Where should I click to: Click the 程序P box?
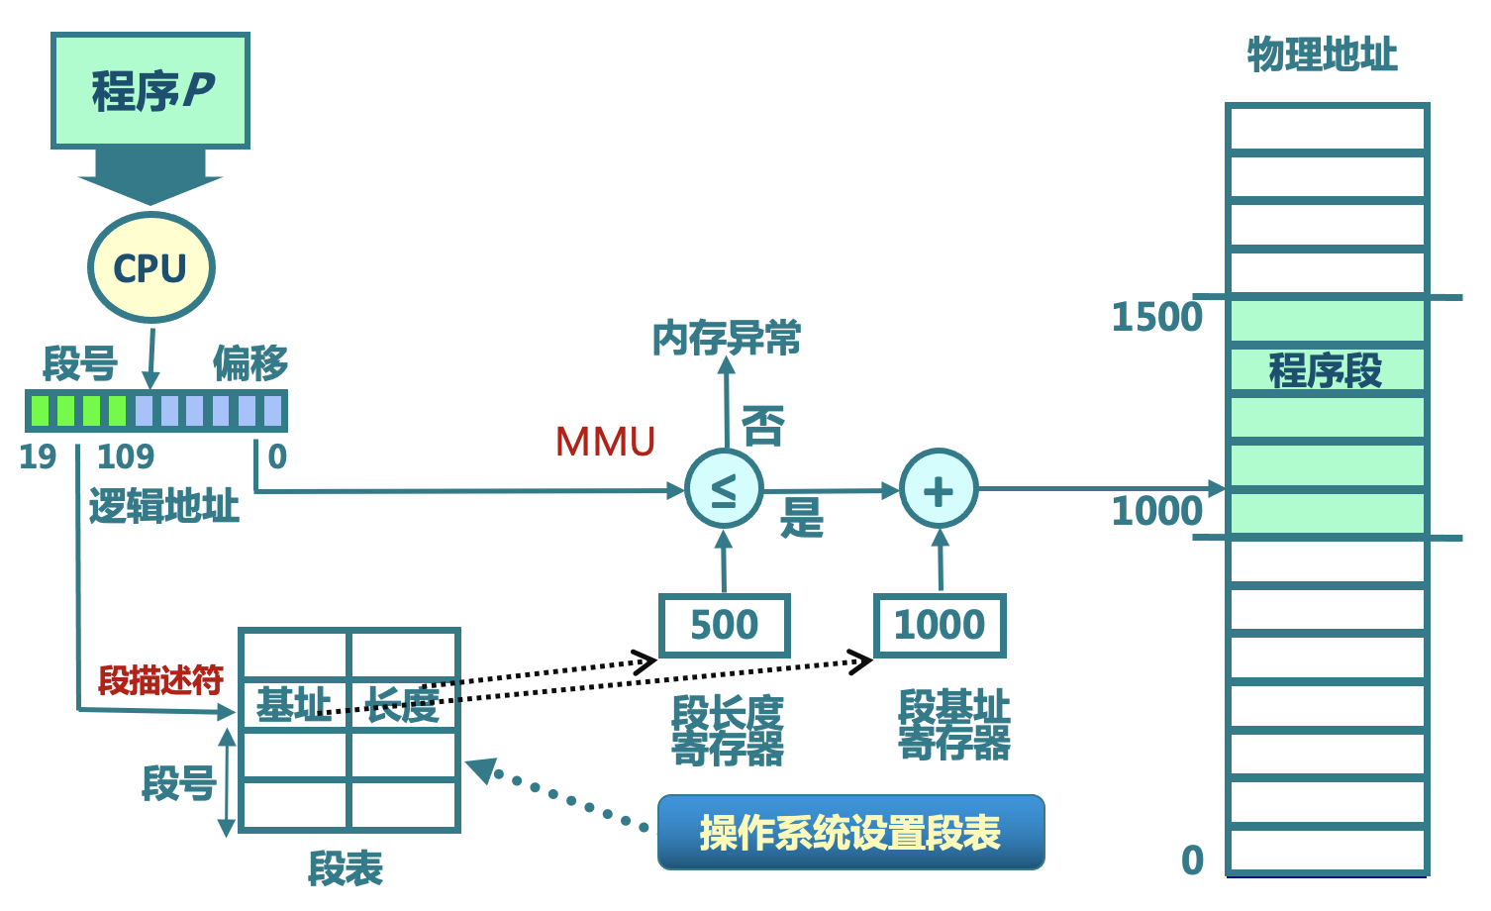coord(150,91)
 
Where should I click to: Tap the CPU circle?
coord(150,267)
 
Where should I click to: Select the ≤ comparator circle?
coord(724,489)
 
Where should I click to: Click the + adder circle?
coord(939,489)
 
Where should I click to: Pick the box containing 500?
coord(724,625)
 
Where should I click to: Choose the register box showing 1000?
coord(940,625)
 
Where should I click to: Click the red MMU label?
coord(605,442)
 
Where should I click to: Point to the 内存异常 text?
coord(726,339)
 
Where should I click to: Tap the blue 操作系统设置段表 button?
coord(850,832)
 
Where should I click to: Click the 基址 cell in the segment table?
coord(294,705)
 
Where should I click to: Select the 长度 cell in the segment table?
coord(404,705)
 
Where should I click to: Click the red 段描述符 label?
coord(160,680)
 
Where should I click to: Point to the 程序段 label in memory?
coord(1325,370)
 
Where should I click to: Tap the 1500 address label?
coord(1156,318)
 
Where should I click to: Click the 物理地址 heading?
coord(1322,54)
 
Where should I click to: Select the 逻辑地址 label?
coord(164,506)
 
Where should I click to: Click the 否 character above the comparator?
coord(763,426)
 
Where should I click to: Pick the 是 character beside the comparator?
coord(802,517)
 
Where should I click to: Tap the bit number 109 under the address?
coord(126,456)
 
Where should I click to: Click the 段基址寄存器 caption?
coord(953,725)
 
